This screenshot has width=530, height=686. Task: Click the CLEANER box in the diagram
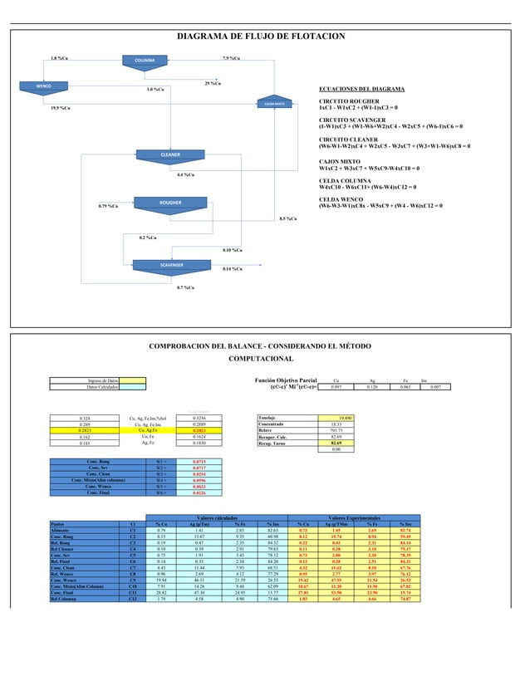pos(169,154)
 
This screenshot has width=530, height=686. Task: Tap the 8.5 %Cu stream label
pos(290,218)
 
